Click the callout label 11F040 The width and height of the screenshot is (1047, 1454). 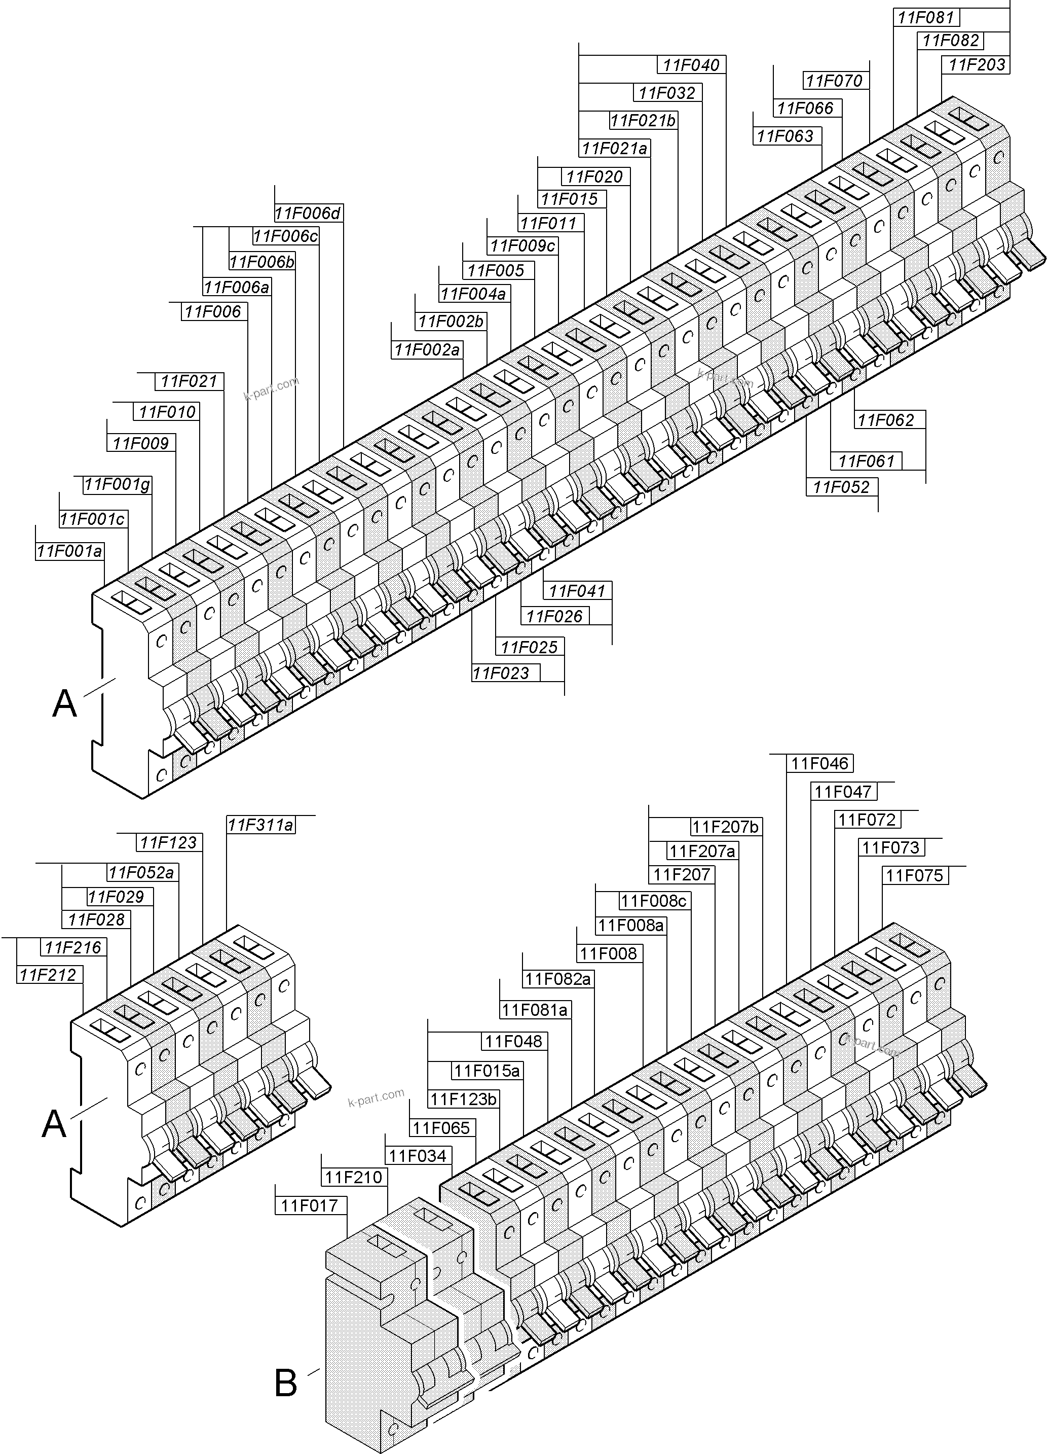[691, 65]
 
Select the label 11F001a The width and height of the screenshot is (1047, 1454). [69, 551]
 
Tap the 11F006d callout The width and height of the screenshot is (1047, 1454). [308, 213]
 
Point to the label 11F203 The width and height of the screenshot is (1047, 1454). [976, 65]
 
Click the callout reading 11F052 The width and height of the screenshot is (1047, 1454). [841, 487]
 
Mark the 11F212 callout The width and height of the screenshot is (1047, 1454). [48, 975]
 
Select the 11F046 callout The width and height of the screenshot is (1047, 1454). [819, 764]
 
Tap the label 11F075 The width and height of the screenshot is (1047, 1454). [914, 876]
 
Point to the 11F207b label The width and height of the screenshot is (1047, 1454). [725, 827]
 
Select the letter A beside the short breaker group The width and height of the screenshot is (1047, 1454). [54, 1124]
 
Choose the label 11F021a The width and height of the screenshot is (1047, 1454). [615, 149]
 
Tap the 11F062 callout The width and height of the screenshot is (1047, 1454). [885, 420]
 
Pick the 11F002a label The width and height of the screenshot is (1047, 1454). [427, 350]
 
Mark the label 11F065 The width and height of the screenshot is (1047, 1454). [441, 1128]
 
